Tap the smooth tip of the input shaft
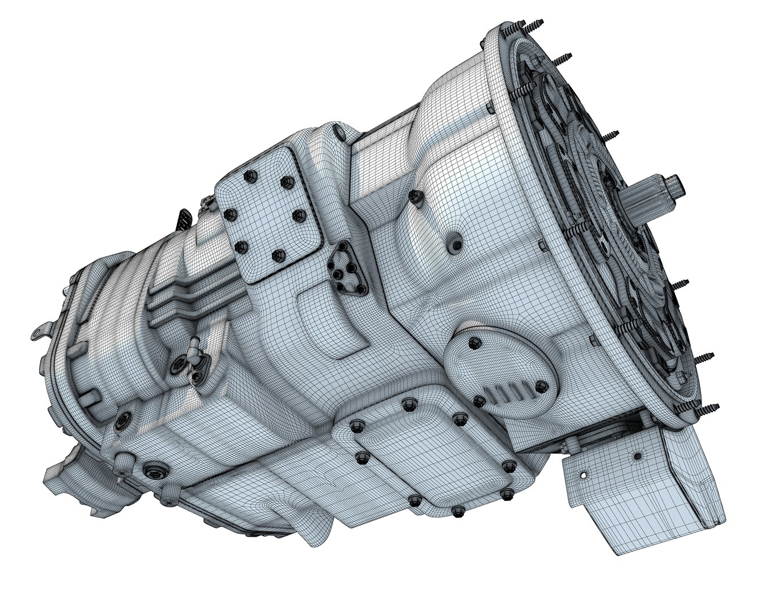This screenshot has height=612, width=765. tap(677, 185)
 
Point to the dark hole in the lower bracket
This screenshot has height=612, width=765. tap(637, 455)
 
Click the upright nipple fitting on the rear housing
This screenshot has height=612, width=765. tap(193, 346)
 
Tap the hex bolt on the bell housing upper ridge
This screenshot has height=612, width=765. tap(415, 196)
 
